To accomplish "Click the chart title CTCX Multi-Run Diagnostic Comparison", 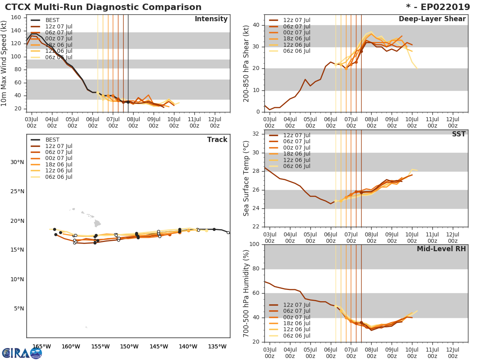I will [x=103, y=7].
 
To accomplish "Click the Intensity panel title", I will [x=211, y=19].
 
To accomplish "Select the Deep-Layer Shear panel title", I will [x=432, y=19].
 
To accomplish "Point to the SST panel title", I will [x=458, y=134].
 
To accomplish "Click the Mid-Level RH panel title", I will [x=441, y=249].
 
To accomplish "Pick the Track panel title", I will [x=217, y=140].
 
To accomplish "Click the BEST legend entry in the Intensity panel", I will [x=52, y=20].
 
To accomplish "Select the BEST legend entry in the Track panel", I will [x=52, y=140].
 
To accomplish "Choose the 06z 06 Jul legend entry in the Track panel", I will [x=58, y=177].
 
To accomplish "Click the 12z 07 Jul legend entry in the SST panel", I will [x=296, y=136].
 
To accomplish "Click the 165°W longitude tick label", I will [x=42, y=346].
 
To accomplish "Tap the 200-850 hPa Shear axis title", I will [x=247, y=63].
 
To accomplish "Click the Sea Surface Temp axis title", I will [x=247, y=178].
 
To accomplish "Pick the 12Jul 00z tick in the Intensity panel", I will [x=214, y=123].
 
